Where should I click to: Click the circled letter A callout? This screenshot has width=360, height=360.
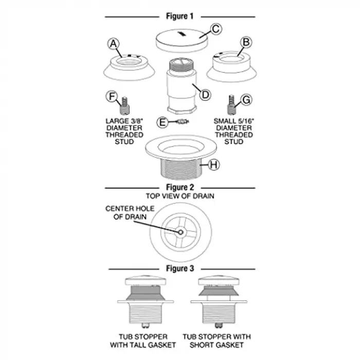pyautogui.click(x=114, y=44)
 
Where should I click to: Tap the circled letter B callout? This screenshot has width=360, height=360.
pyautogui.click(x=246, y=42)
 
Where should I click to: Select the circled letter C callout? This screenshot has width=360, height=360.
pyautogui.click(x=216, y=29)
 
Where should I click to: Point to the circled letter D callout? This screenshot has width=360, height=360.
pyautogui.click(x=205, y=95)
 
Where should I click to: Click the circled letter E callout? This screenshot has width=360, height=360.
pyautogui.click(x=163, y=122)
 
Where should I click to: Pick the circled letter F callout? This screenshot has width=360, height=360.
pyautogui.click(x=112, y=97)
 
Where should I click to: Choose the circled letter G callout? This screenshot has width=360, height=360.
pyautogui.click(x=246, y=100)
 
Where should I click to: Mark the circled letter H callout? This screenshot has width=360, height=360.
pyautogui.click(x=213, y=165)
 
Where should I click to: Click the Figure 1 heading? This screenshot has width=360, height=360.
pyautogui.click(x=180, y=16)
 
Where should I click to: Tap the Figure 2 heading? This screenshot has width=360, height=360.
pyautogui.click(x=180, y=187)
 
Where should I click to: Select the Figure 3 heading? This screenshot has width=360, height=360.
pyautogui.click(x=180, y=268)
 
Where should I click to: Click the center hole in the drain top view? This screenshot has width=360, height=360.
pyautogui.click(x=181, y=232)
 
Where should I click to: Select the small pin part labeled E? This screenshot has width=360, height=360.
pyautogui.click(x=182, y=121)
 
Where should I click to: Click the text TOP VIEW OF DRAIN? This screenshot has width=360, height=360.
pyautogui.click(x=180, y=196)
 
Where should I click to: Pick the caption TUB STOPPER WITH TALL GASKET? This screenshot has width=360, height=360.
pyautogui.click(x=143, y=340)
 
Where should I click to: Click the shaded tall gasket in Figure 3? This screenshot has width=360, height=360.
pyautogui.click(x=146, y=293)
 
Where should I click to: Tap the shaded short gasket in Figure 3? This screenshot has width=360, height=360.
pyautogui.click(x=219, y=291)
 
